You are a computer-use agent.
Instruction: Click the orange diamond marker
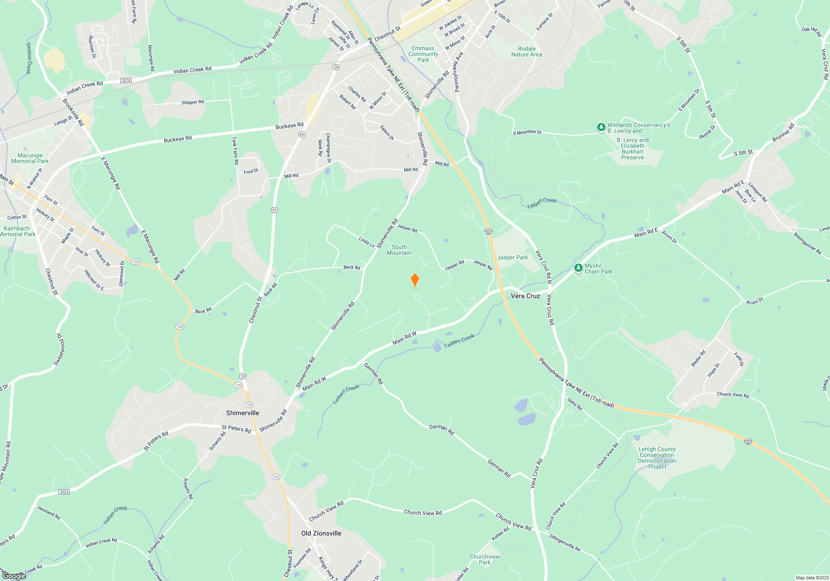tap(415, 280)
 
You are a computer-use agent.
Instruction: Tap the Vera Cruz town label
tap(525, 296)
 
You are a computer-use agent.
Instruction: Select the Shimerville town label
tap(242, 413)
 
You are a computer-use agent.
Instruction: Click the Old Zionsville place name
tap(321, 533)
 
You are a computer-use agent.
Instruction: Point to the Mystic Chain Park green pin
tap(578, 268)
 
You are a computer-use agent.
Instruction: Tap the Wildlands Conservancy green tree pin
tap(601, 127)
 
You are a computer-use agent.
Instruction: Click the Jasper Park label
tap(513, 258)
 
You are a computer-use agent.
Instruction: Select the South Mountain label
tap(399, 250)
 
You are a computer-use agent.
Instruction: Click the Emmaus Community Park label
tap(423, 54)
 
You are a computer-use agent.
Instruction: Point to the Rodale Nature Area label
tap(526, 51)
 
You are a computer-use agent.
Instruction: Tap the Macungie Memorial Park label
tap(30, 159)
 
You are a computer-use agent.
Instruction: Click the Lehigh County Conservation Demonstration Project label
tap(657, 458)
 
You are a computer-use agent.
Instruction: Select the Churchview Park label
tap(485, 559)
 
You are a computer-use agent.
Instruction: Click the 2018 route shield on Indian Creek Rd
tap(126, 81)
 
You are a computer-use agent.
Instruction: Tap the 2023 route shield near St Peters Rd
tap(64, 492)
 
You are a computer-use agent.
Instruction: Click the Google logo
tap(14, 576)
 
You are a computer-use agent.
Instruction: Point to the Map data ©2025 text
tap(812, 578)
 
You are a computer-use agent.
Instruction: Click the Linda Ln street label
tap(366, 242)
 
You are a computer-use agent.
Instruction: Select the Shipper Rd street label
tap(193, 102)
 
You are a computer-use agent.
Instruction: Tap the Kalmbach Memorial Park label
tap(17, 231)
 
